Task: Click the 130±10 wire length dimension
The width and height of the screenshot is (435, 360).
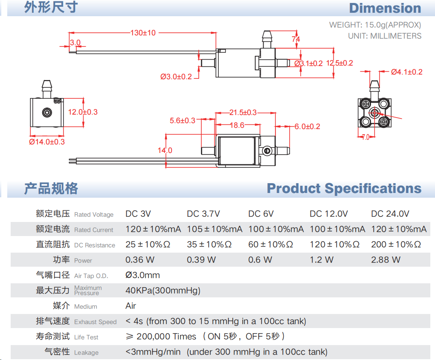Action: [143, 33]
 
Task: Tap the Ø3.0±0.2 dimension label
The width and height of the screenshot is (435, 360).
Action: [176, 77]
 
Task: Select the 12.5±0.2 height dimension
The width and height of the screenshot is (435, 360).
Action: [339, 63]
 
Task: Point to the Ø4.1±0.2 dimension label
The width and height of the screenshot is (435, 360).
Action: [406, 72]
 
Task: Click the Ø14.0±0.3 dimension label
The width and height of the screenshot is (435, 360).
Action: [47, 142]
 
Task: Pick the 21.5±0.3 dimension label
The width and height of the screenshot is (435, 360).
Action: [243, 112]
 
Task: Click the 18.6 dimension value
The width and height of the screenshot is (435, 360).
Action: [237, 125]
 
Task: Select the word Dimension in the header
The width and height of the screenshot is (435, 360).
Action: [385, 8]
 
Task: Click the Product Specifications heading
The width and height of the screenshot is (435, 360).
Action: [344, 188]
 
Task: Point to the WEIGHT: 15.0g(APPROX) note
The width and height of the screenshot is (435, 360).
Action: [375, 25]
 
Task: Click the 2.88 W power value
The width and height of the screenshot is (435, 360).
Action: [386, 260]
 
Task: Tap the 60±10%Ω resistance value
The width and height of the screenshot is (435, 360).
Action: [270, 245]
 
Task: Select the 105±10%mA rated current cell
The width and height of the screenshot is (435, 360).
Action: [214, 229]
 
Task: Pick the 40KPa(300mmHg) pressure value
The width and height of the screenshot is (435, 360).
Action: [162, 291]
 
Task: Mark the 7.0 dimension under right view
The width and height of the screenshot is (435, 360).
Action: [365, 137]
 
